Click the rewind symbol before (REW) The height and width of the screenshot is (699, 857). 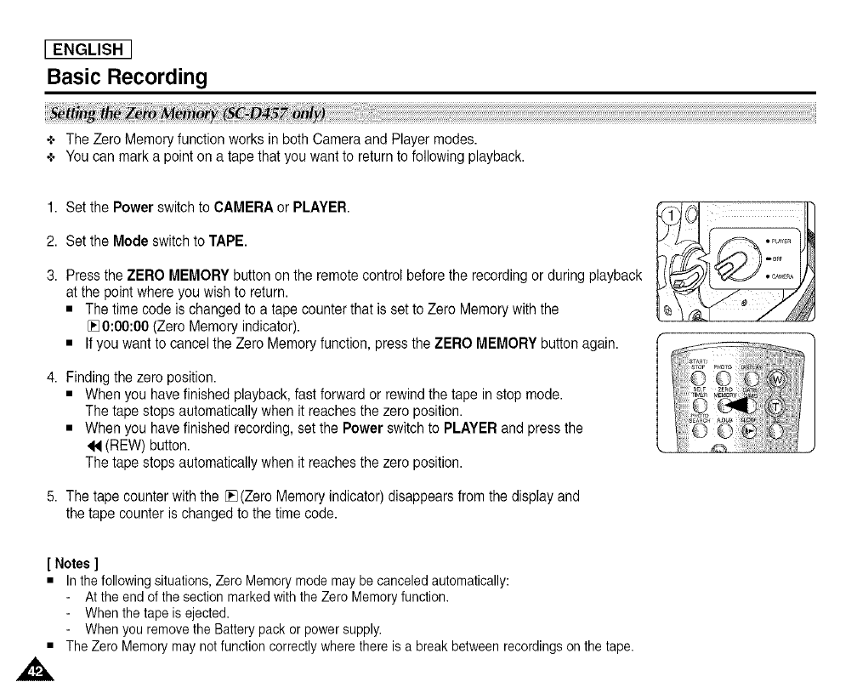tap(93, 445)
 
